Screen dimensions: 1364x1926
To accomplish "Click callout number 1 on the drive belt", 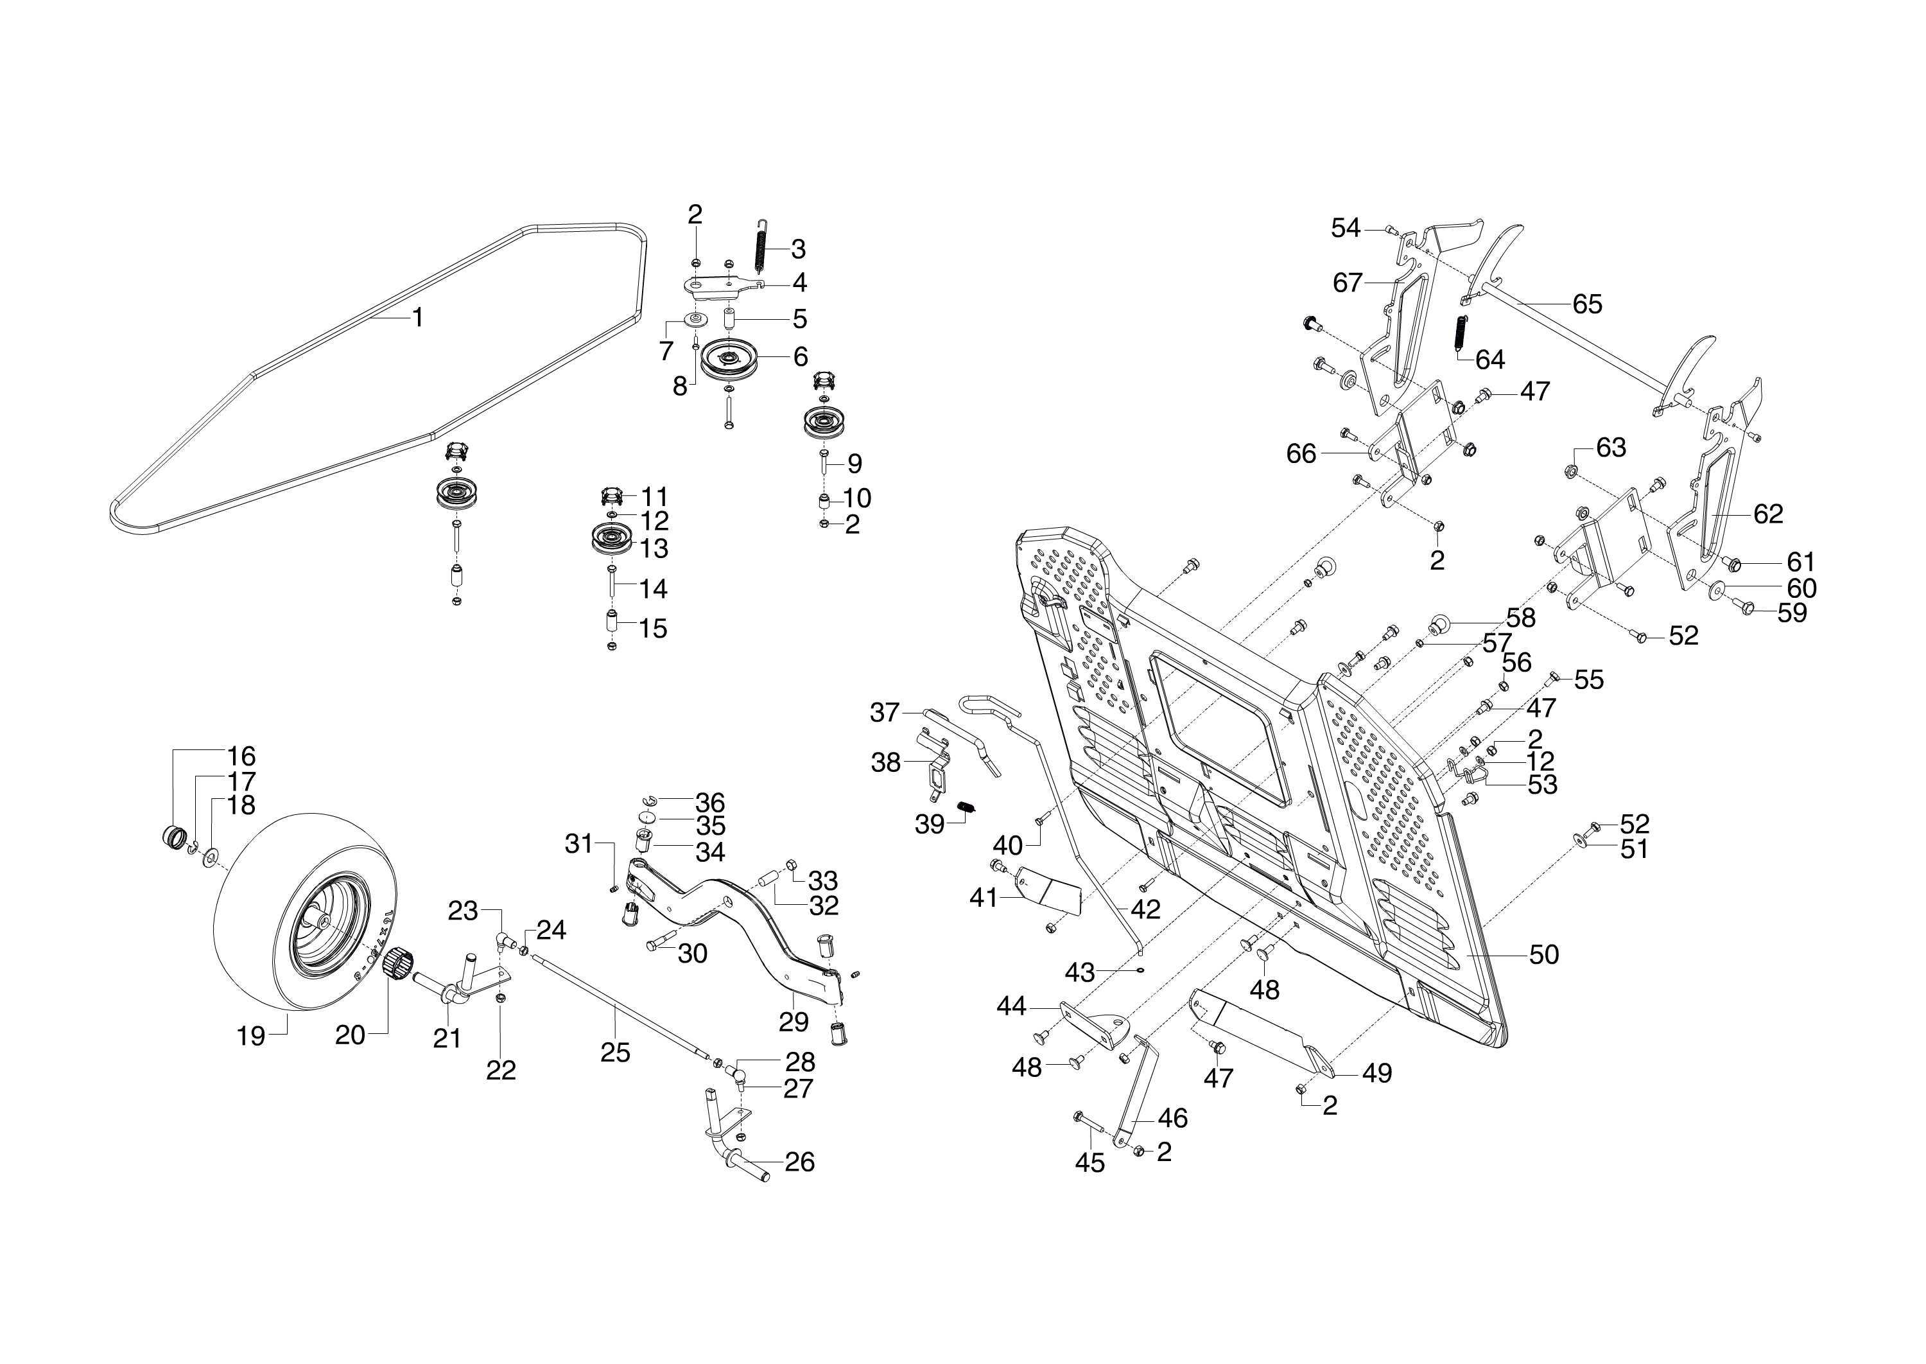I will pyautogui.click(x=417, y=319).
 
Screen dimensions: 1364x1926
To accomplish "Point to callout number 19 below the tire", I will pyautogui.click(x=250, y=1036).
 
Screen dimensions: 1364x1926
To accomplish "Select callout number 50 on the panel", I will pyautogui.click(x=1544, y=954).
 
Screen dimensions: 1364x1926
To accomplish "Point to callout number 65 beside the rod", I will pyautogui.click(x=1587, y=304).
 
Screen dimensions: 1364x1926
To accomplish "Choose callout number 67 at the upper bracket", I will pyautogui.click(x=1348, y=283).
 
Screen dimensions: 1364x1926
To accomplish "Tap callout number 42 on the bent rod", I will pyautogui.click(x=1145, y=908).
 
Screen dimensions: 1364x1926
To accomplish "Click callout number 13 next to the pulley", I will pyautogui.click(x=653, y=548).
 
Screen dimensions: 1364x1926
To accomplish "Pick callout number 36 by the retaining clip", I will pyautogui.click(x=709, y=802).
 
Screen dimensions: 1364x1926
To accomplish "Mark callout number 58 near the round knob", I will pyautogui.click(x=1520, y=617).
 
